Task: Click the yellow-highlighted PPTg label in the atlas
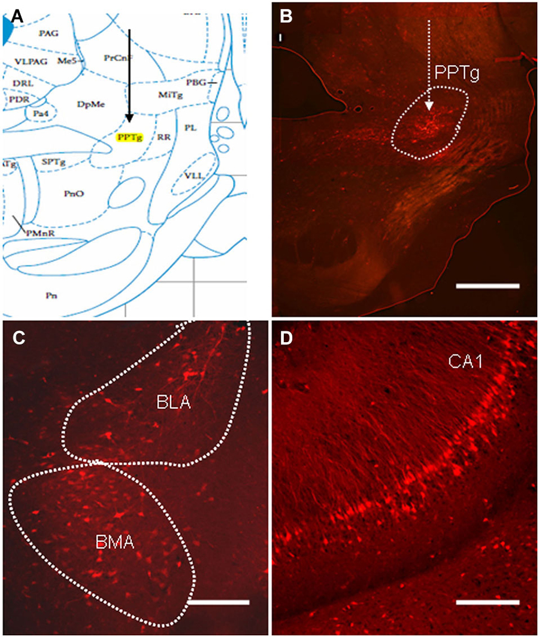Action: coord(130,137)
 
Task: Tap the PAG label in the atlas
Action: coord(49,33)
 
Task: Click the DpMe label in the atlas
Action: coord(89,104)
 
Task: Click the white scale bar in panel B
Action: coord(487,286)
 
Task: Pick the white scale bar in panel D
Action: coord(487,601)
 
